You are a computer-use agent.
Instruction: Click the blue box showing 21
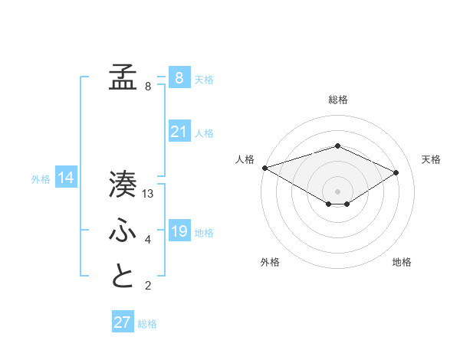(x=179, y=132)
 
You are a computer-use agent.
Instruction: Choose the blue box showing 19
(x=179, y=231)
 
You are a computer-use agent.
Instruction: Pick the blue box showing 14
(x=66, y=178)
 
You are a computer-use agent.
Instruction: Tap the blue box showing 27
(x=122, y=322)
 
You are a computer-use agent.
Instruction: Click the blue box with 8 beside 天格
(x=179, y=77)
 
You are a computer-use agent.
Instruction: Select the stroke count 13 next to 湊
(x=149, y=194)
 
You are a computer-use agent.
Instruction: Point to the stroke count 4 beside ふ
(x=148, y=241)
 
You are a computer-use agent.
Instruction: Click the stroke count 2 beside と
(x=148, y=286)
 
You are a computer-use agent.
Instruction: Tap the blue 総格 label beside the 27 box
(x=147, y=324)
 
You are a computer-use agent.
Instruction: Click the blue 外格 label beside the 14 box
(x=41, y=179)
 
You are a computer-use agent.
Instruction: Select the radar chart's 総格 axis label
(x=337, y=100)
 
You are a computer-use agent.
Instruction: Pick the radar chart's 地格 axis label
(x=402, y=262)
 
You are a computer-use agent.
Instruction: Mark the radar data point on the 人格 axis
(x=264, y=168)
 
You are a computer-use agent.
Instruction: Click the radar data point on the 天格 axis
(x=396, y=172)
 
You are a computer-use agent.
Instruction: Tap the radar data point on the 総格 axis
(x=337, y=146)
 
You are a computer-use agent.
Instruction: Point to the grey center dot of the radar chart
(x=337, y=191)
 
